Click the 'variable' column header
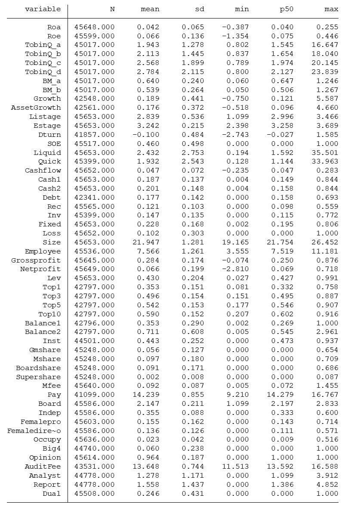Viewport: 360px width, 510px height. pyautogui.click(x=43, y=9)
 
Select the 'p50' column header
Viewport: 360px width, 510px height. pyautogui.click(x=286, y=9)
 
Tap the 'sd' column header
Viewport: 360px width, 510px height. pyautogui.click(x=200, y=9)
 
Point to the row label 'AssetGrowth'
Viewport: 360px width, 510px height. pyautogui.click(x=36, y=108)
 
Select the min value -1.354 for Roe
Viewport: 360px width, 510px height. pyautogui.click(x=235, y=36)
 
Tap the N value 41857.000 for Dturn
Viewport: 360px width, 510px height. pyautogui.click(x=95, y=135)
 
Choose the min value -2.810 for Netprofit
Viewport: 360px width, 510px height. pyautogui.click(x=235, y=269)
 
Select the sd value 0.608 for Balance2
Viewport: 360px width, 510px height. pyautogui.click(x=193, y=332)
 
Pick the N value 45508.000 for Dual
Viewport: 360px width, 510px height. pyautogui.click(x=95, y=494)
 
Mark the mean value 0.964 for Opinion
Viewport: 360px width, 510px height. pyautogui.click(x=148, y=457)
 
